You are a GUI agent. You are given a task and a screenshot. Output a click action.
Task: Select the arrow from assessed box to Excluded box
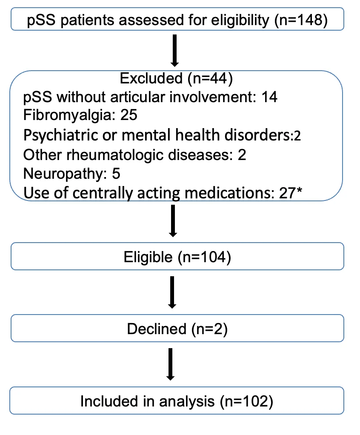174,51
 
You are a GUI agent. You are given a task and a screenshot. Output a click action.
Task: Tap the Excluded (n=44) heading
177,78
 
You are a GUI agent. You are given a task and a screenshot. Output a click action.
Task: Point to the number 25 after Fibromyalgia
129,115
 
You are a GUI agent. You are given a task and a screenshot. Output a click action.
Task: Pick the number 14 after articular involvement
269,97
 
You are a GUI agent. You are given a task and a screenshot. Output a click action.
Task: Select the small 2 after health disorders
297,136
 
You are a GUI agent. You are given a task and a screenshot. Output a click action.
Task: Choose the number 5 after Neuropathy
116,174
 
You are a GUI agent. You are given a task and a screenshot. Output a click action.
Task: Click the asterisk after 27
299,190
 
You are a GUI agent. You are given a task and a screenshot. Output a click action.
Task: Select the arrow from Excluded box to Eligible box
173,221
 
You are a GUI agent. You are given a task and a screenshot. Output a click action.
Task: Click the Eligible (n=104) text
177,257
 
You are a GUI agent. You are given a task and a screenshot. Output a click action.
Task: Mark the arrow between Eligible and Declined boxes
172,292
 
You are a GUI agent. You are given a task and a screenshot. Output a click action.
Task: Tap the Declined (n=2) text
177,329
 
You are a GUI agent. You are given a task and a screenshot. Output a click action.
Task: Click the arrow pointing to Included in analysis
171,364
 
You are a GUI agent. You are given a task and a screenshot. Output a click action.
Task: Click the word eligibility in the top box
240,20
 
